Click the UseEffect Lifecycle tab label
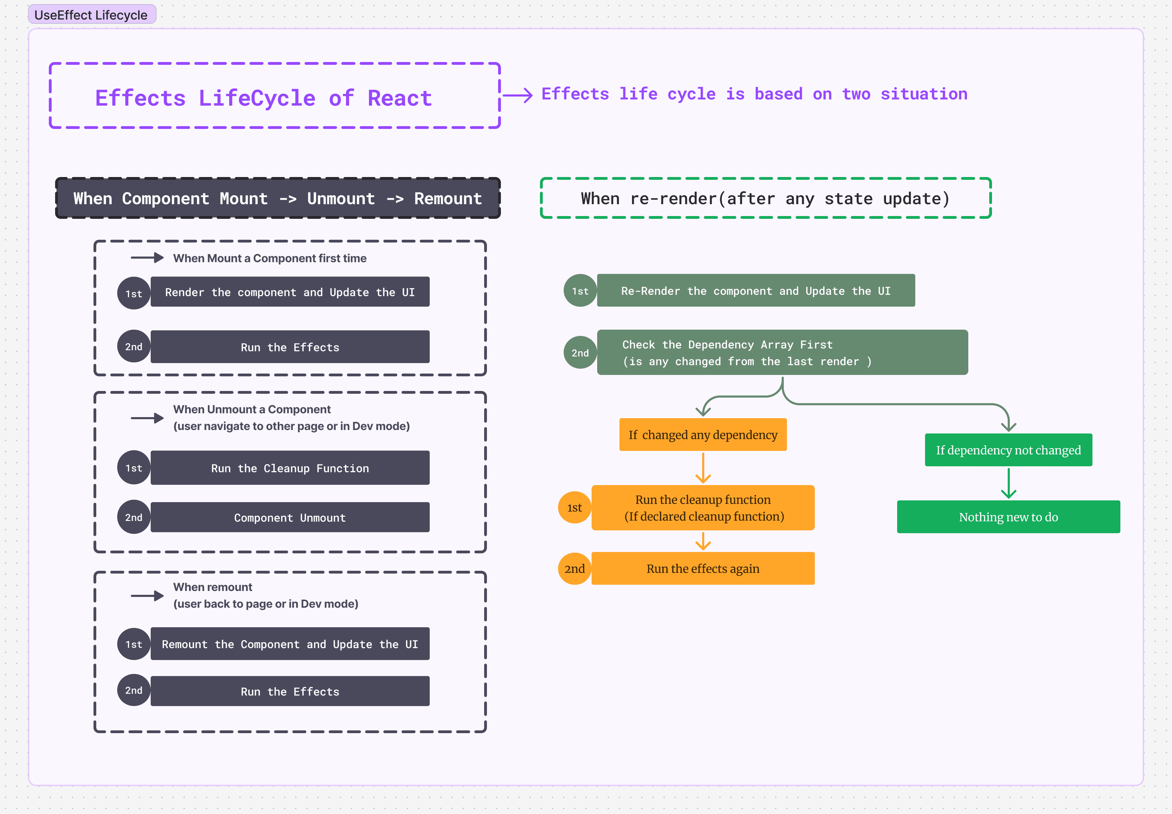point(91,15)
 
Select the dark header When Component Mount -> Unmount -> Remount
point(277,198)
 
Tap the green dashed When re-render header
point(765,198)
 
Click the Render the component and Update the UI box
point(290,292)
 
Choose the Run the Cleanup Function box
point(290,468)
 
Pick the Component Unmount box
point(290,518)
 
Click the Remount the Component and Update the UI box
point(290,644)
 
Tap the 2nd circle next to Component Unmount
point(134,517)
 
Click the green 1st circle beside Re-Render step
point(580,291)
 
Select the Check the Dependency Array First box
point(782,352)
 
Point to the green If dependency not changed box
point(1008,450)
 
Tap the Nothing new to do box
point(1008,517)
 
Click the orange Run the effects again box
point(703,569)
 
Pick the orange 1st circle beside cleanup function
point(574,507)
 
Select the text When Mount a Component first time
point(270,258)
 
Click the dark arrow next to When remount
point(147,596)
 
